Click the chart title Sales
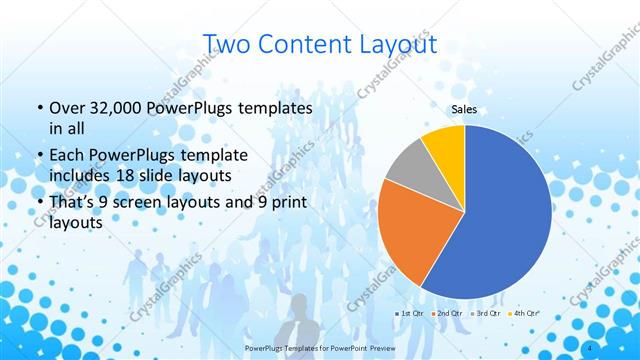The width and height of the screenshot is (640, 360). tap(463, 109)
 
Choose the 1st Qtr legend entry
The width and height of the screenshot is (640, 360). tap(410, 314)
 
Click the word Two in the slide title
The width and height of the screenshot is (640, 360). tap(231, 44)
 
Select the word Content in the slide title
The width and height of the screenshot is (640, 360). tap(304, 44)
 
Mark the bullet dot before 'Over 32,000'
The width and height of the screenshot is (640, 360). tap(39, 109)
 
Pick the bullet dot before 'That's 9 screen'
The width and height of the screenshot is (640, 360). tap(39, 203)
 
